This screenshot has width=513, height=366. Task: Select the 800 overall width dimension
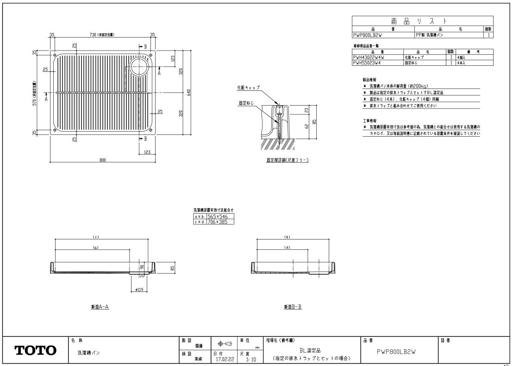click(x=102, y=160)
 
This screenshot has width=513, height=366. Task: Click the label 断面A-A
click(x=100, y=307)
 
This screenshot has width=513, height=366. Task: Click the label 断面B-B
click(x=293, y=307)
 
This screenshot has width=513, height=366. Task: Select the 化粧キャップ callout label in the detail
click(x=249, y=87)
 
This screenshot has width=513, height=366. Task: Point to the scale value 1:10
click(x=251, y=359)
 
